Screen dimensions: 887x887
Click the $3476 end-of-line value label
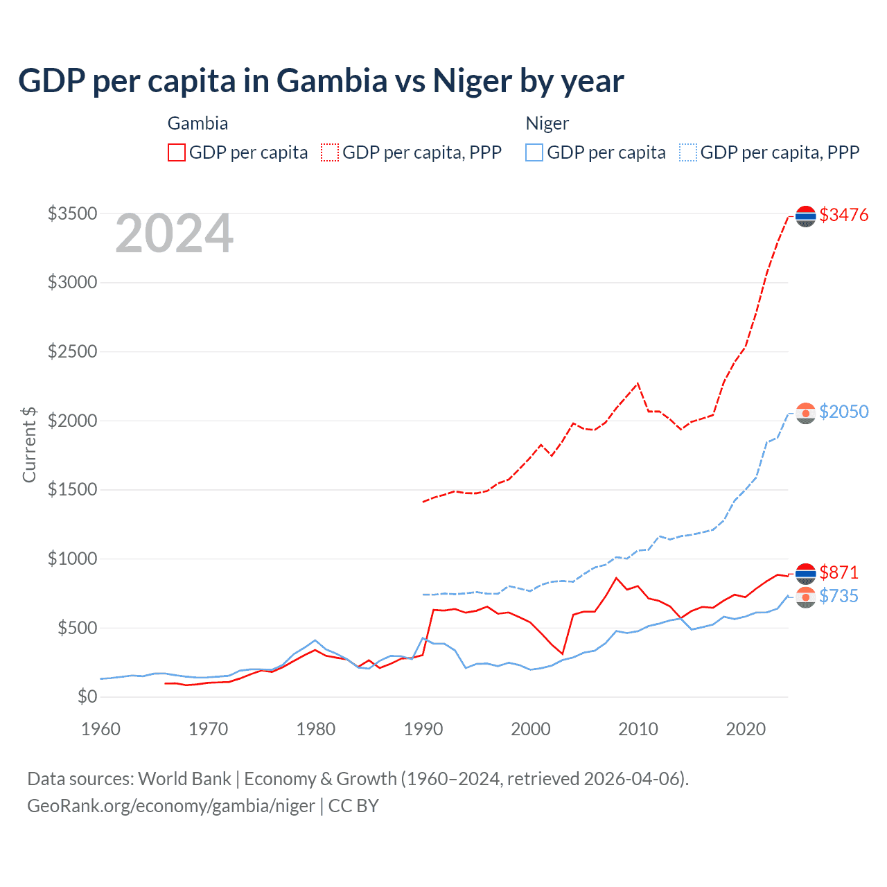point(843,215)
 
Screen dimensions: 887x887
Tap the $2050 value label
point(843,412)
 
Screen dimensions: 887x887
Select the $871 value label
point(838,572)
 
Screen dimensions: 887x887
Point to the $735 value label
point(838,596)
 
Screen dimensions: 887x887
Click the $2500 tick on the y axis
point(72,351)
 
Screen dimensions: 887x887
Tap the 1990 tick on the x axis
point(423,729)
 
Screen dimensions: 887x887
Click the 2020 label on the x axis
point(746,729)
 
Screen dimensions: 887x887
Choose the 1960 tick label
point(101,729)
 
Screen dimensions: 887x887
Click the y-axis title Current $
point(29,444)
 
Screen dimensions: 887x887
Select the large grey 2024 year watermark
point(174,234)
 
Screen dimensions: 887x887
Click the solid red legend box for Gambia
point(177,152)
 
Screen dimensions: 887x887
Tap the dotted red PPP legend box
point(331,152)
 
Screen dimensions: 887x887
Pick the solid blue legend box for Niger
point(534,152)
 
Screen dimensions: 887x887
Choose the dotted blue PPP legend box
point(688,152)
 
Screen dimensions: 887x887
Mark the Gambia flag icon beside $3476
point(805,216)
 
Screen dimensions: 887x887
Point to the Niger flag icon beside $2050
point(805,413)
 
